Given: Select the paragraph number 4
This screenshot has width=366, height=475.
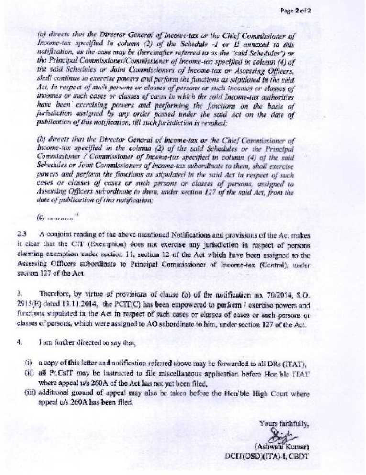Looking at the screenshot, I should click(x=19, y=342).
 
